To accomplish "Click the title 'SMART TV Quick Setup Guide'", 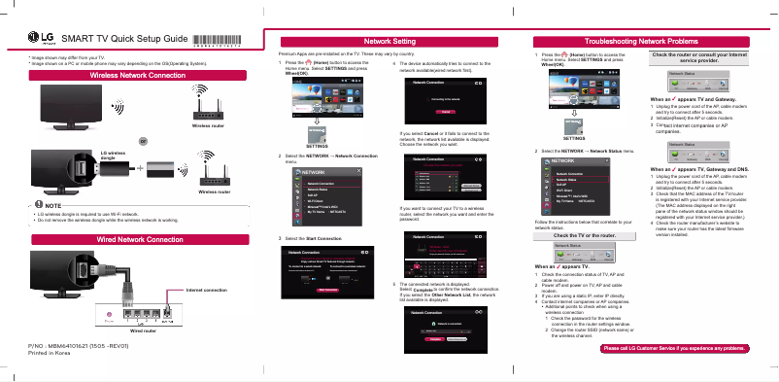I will click(x=123, y=40).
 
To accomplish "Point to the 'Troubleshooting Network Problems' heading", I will click(x=642, y=42).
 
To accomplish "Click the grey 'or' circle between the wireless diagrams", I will click(x=143, y=141).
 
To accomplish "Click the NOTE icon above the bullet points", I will click(x=36, y=203).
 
